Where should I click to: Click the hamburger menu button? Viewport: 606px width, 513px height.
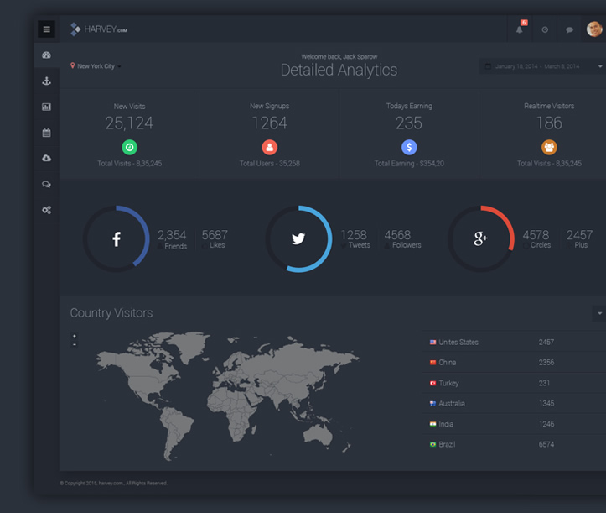(x=46, y=29)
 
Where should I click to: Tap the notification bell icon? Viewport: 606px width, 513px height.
(x=520, y=29)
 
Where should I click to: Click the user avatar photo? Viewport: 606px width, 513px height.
(x=594, y=29)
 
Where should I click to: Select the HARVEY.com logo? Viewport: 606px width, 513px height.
(x=99, y=29)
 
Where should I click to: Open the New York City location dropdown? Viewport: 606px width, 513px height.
(x=96, y=66)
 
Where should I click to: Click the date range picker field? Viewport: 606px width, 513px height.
(x=542, y=66)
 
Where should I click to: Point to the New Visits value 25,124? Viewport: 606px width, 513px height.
(x=129, y=123)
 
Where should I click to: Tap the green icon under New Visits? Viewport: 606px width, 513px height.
(x=129, y=147)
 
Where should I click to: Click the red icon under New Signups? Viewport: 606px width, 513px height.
(x=269, y=147)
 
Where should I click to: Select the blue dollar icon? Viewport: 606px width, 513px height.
(x=409, y=147)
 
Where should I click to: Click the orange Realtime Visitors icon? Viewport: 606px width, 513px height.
(x=549, y=147)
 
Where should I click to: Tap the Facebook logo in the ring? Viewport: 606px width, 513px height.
(x=117, y=239)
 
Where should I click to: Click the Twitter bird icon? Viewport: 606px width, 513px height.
(x=298, y=239)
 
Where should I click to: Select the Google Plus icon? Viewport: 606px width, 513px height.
(x=480, y=239)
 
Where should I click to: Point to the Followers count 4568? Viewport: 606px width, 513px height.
(x=397, y=236)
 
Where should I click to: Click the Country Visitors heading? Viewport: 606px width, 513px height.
(x=111, y=313)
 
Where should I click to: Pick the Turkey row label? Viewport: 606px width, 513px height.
(x=448, y=383)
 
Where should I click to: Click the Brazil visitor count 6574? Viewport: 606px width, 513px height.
(x=546, y=444)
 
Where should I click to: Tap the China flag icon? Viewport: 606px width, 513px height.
(x=433, y=363)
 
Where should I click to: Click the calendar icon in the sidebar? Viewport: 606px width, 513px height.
(x=46, y=133)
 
